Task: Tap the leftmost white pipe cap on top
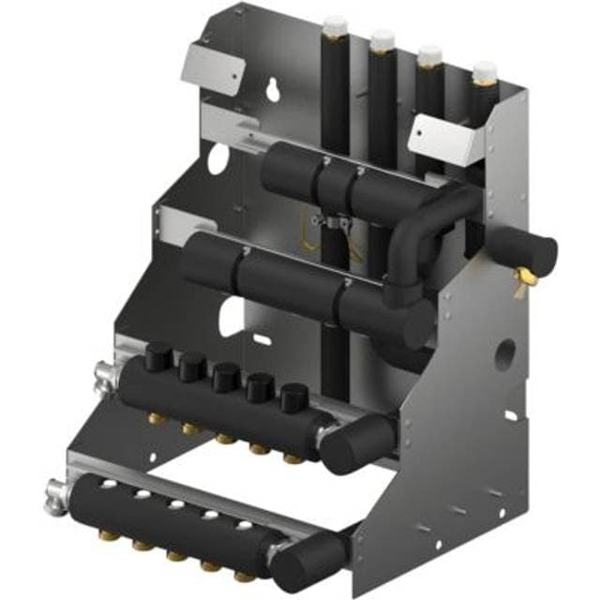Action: [335, 24]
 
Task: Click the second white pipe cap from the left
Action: [382, 40]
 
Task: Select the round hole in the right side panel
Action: [505, 354]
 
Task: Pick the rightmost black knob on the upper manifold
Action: [292, 397]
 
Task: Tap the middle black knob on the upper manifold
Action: [224, 377]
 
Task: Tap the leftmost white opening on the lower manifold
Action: [105, 485]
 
